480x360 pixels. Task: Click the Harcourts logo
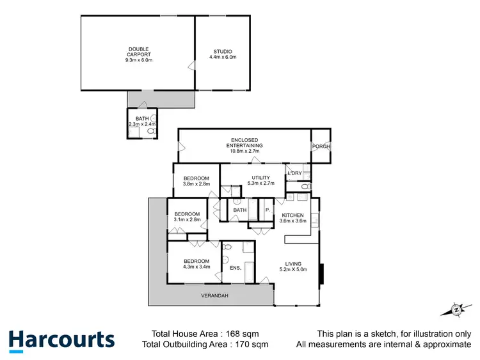[x=61, y=340]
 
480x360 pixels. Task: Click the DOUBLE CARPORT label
[x=139, y=49]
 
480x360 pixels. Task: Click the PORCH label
[x=321, y=146]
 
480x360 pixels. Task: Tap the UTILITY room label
[x=260, y=177]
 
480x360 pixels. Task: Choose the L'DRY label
[x=295, y=173]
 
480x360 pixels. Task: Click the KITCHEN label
[x=293, y=215]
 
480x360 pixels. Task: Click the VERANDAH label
[x=214, y=295]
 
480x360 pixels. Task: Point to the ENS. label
[x=235, y=267]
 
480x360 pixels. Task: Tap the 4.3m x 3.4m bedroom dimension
[x=196, y=267]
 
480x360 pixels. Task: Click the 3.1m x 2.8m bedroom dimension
[x=188, y=220]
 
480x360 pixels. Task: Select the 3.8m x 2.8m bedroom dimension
[x=196, y=184]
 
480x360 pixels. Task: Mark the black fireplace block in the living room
[x=322, y=274]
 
